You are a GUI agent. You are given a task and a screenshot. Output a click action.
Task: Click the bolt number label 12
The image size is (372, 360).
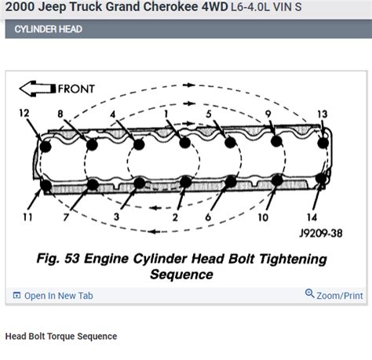(x=25, y=114)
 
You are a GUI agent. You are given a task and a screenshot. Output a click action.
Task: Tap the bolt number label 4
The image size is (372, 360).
(x=113, y=114)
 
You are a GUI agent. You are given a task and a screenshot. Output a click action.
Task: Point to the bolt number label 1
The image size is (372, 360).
(x=166, y=114)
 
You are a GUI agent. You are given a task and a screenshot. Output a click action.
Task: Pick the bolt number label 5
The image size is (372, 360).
(x=208, y=114)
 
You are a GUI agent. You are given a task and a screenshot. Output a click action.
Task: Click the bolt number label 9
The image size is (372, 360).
(x=268, y=114)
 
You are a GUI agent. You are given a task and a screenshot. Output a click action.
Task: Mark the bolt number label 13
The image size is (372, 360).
(x=322, y=114)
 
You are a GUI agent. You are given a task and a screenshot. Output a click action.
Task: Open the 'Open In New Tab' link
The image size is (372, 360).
(x=58, y=296)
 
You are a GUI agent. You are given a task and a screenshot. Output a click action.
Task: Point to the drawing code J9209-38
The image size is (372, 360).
(x=319, y=233)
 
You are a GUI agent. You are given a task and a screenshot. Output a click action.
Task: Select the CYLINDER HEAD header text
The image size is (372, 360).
(x=44, y=30)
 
